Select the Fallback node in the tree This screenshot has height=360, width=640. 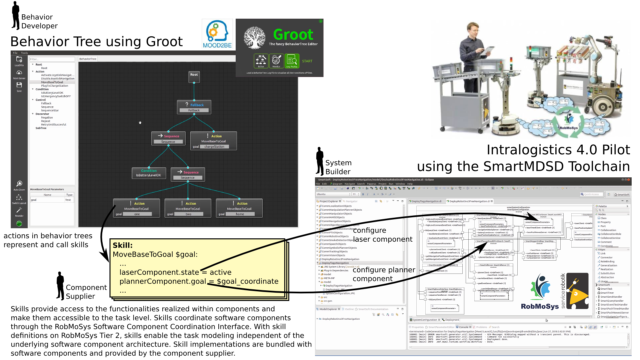click(194, 107)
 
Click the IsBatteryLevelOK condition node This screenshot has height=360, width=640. click(149, 173)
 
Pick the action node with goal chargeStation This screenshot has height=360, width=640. click(214, 141)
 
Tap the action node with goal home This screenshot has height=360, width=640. click(239, 208)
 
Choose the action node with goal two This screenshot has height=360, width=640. click(188, 208)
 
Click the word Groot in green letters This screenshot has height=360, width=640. click(293, 35)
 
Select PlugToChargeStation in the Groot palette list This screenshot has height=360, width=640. click(54, 86)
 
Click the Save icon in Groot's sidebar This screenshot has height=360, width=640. click(19, 86)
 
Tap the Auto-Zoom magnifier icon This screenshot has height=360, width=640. click(19, 184)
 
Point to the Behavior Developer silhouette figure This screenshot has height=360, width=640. click(15, 16)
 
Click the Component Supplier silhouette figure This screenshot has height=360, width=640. click(60, 286)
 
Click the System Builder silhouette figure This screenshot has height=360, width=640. click(320, 161)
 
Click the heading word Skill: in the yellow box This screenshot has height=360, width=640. click(123, 245)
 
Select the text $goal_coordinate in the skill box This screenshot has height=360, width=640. click(248, 281)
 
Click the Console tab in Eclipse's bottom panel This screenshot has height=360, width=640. click(463, 327)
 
